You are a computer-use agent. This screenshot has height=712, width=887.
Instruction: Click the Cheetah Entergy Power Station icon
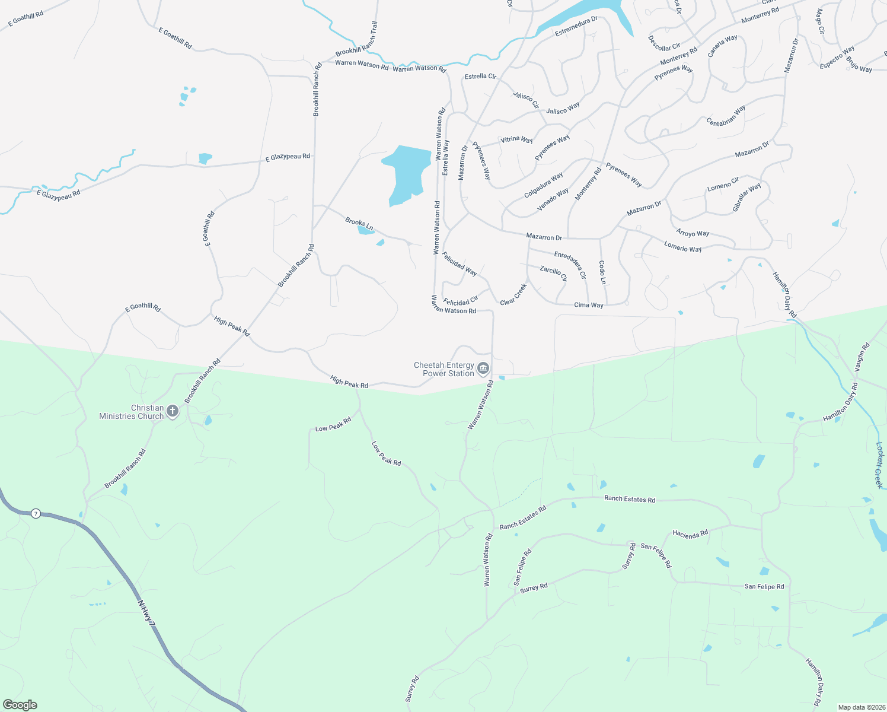(483, 369)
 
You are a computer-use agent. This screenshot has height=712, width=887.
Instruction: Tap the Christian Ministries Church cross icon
(173, 411)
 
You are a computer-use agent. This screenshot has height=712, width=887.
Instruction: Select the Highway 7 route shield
(36, 513)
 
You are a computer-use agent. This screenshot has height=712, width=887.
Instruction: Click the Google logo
(20, 705)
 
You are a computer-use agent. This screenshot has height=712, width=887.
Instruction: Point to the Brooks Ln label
(359, 224)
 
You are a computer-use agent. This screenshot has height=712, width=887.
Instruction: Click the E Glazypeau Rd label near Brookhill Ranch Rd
(288, 157)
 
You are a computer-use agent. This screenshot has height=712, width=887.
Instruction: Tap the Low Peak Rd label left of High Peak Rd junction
(333, 424)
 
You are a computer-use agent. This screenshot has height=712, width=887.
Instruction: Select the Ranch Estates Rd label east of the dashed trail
(630, 499)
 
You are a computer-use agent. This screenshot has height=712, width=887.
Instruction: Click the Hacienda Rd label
(690, 534)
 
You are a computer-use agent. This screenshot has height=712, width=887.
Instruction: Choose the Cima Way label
(589, 305)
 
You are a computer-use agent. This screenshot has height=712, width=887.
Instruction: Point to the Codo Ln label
(602, 272)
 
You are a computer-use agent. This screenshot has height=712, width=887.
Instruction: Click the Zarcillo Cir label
(553, 273)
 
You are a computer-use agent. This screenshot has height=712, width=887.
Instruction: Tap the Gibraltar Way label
(746, 198)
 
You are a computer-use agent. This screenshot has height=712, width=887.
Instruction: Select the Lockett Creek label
(880, 465)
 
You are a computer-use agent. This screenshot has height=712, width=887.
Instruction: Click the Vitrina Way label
(516, 139)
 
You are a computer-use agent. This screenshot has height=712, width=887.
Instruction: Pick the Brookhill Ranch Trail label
(357, 39)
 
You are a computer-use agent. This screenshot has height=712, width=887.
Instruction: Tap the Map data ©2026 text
(860, 707)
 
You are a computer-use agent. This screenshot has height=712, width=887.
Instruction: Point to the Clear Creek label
(513, 294)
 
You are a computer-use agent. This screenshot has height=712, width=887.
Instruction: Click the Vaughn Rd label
(862, 357)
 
